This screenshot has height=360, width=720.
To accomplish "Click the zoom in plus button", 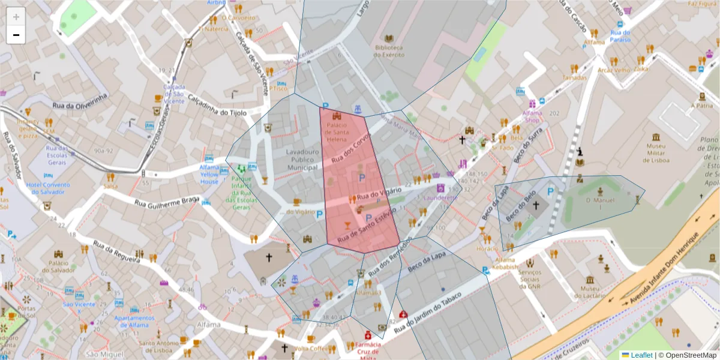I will pyautogui.click(x=16, y=17).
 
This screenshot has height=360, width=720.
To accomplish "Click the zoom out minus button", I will pyautogui.click(x=16, y=35).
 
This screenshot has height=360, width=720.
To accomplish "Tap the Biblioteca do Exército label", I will pyautogui.click(x=388, y=51).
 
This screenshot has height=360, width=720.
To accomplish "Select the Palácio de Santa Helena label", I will pyautogui.click(x=337, y=132).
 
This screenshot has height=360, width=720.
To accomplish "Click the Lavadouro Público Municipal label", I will pyautogui.click(x=302, y=160).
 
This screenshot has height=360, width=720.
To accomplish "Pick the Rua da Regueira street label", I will pyautogui.click(x=116, y=252).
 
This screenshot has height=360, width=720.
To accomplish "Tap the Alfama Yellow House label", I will pyautogui.click(x=209, y=175).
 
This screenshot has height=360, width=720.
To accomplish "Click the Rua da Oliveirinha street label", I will pyautogui.click(x=80, y=101).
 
